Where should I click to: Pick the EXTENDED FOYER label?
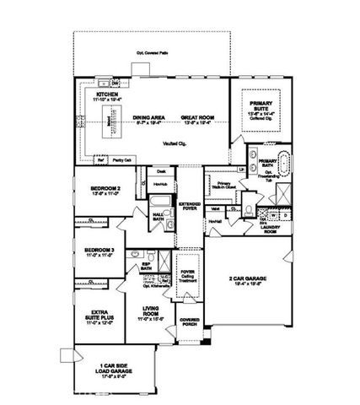pos(189,208)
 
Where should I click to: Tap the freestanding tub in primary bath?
pos(282,161)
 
